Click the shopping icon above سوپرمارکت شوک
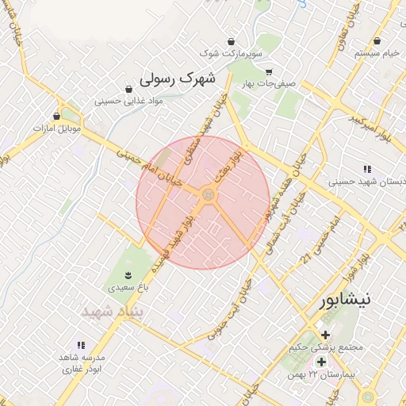pyautogui.click(x=231, y=41)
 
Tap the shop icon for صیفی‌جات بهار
pyautogui.click(x=269, y=71)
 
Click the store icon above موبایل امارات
pyautogui.click(x=56, y=115)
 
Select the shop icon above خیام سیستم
pyautogui.click(x=379, y=40)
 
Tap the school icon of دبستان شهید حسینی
pyautogui.click(x=366, y=169)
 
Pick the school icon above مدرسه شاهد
pyautogui.click(x=80, y=345)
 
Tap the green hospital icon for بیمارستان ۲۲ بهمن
pyautogui.click(x=322, y=362)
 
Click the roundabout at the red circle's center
pyautogui.click(x=208, y=195)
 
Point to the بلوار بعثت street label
pyautogui.click(x=228, y=164)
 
